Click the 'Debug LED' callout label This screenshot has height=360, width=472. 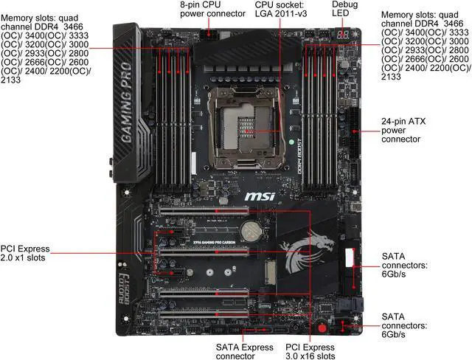point(344,9)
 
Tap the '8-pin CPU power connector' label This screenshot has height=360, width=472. point(212,9)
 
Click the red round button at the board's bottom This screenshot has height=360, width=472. point(322,328)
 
